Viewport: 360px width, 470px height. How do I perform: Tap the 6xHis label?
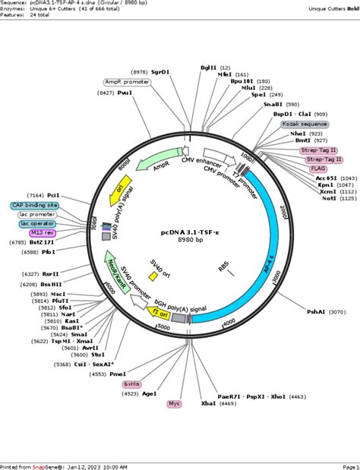point(133,384)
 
